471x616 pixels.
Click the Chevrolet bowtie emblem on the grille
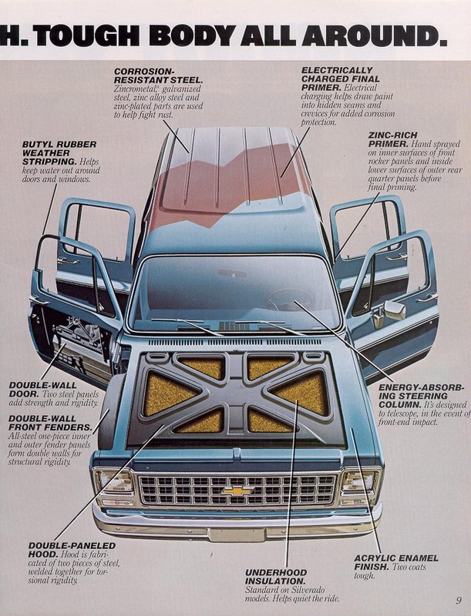click(x=235, y=489)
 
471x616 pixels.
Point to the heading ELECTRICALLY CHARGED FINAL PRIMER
click(x=342, y=78)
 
